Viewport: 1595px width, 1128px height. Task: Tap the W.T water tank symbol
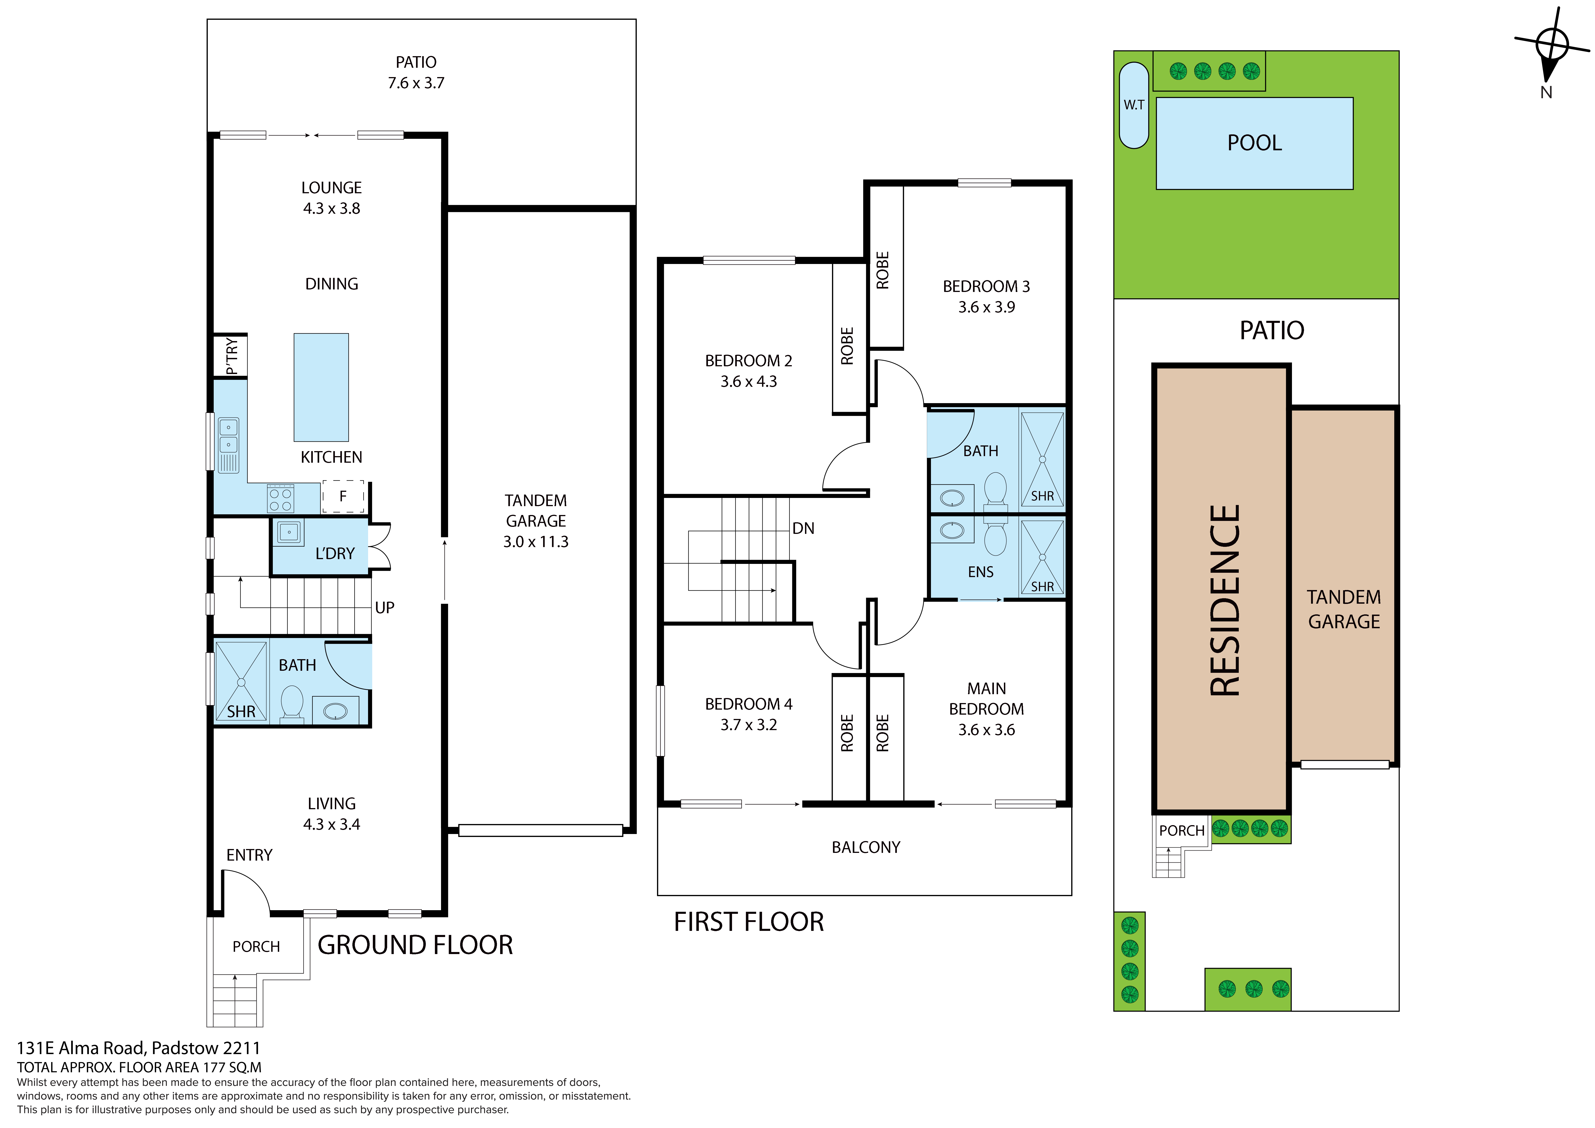click(x=1134, y=105)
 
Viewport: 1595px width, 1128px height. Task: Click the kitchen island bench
click(x=321, y=387)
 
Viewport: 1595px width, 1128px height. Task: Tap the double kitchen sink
click(x=228, y=445)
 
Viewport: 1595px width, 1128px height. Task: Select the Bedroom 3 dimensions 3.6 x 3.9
click(x=986, y=307)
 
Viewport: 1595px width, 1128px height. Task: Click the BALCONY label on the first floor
click(x=865, y=847)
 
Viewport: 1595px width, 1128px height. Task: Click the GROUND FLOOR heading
click(x=415, y=945)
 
